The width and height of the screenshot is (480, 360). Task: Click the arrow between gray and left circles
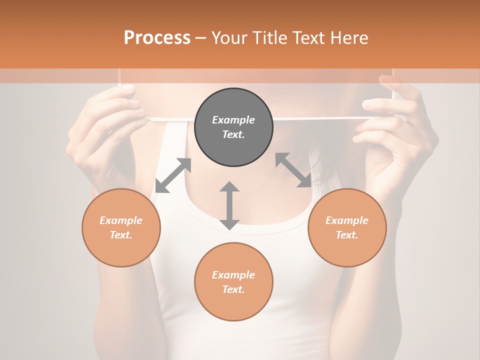(x=173, y=175)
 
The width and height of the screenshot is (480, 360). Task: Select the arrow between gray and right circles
(x=293, y=170)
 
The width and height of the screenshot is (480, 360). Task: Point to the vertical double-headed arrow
(x=229, y=205)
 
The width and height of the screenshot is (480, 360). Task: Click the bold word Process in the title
(x=157, y=37)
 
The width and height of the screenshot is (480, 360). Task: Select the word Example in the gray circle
(x=233, y=120)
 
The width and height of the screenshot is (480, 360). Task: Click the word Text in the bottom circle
(x=233, y=289)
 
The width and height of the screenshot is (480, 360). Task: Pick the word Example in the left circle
(x=121, y=220)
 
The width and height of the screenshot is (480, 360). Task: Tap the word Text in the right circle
(x=346, y=235)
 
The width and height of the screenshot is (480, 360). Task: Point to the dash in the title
(x=201, y=38)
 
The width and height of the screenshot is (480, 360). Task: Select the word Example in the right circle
(x=347, y=220)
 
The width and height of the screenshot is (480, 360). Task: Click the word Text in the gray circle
(x=233, y=134)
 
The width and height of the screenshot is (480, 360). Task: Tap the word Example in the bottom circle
(x=233, y=275)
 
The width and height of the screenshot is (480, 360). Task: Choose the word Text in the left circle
(x=120, y=235)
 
